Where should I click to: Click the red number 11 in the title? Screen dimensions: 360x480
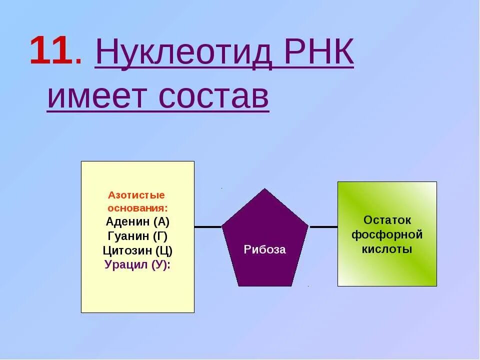[x=49, y=51]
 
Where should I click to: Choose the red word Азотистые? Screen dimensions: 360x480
[x=136, y=194]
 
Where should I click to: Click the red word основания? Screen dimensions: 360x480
[x=137, y=207]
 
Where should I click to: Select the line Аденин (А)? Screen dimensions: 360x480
[x=137, y=222]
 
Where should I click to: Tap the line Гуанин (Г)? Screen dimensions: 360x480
[x=137, y=236]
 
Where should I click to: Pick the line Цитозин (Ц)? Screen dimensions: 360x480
[x=137, y=250]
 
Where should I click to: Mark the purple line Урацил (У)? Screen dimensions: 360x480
[x=137, y=265]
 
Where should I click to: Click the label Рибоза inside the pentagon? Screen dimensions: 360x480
[x=264, y=249]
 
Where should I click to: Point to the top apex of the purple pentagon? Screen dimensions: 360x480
[x=264, y=190]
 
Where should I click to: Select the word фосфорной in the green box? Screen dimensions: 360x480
[x=387, y=234]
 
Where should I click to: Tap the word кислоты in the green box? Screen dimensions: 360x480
[x=387, y=248]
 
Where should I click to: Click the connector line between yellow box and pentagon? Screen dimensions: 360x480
[x=207, y=227]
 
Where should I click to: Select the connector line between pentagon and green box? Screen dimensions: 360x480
[x=323, y=227]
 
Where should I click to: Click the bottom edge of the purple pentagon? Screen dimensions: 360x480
[x=264, y=285]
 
